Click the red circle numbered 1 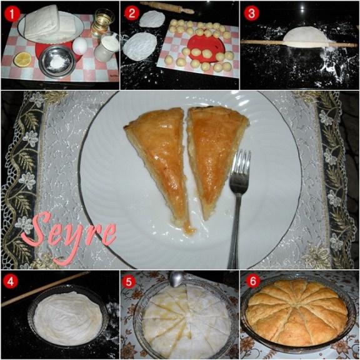tap(12, 14)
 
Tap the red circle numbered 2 tap(132, 13)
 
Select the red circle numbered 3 tap(252, 13)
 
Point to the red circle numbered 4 tap(11, 281)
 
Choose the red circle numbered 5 tap(129, 281)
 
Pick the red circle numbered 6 tap(253, 281)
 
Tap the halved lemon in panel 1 tap(22, 59)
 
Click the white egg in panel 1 tap(80, 46)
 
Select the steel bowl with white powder tap(57, 61)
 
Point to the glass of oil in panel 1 tap(102, 23)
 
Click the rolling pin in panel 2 tap(167, 7)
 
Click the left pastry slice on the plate tap(158, 161)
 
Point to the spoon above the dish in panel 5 tap(176, 278)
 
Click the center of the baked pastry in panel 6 tap(296, 312)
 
